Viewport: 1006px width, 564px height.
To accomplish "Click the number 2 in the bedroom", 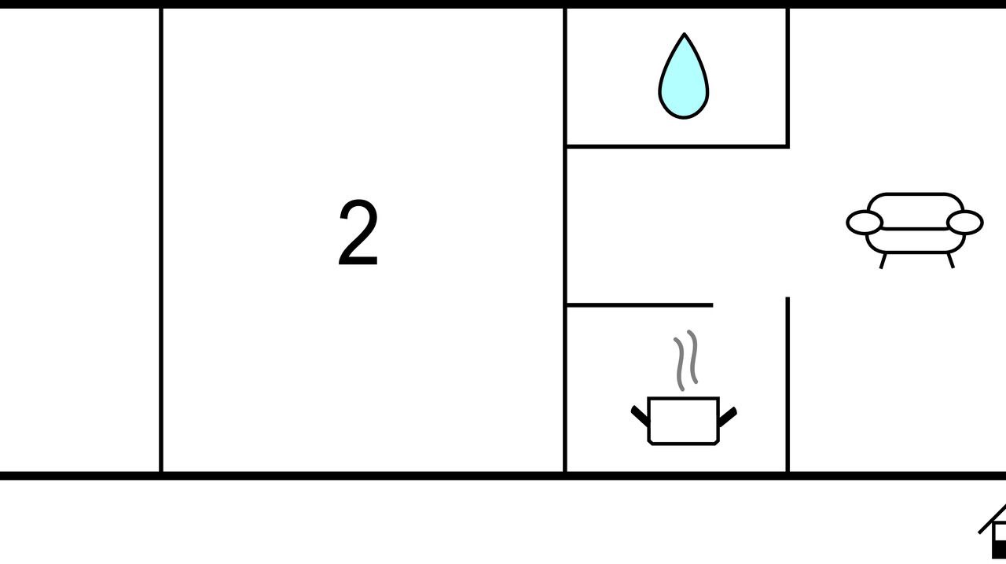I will (358, 234).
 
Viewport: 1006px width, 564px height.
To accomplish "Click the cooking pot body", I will (683, 421).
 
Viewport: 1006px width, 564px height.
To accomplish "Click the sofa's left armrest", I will (864, 223).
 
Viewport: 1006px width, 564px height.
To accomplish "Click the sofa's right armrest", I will (965, 223).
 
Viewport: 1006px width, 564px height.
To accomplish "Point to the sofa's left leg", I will (883, 260).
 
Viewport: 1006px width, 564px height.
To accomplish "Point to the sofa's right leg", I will (950, 260).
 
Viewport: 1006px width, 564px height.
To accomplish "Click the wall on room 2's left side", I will (161, 236).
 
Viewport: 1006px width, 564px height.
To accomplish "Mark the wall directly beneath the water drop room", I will (676, 146).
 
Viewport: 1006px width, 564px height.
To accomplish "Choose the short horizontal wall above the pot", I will (638, 304).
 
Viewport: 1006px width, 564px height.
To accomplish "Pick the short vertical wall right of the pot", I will (788, 385).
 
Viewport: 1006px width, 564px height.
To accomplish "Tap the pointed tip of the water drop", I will (685, 36).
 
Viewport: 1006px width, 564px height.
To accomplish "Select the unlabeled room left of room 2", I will (79, 236).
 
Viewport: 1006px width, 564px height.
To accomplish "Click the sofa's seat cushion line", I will (915, 229).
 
